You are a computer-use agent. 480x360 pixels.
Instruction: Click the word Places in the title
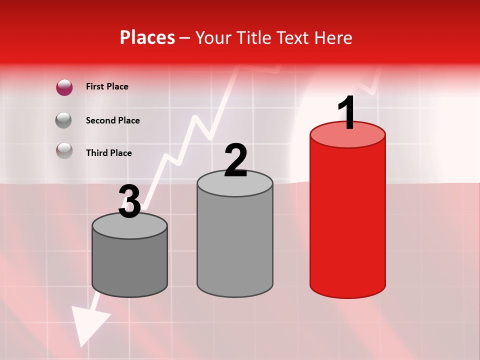pyautogui.click(x=147, y=37)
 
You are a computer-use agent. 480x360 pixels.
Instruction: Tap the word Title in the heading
pyautogui.click(x=253, y=37)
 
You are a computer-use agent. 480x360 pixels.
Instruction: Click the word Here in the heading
pyautogui.click(x=334, y=37)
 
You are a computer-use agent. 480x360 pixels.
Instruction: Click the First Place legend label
pyautogui.click(x=107, y=86)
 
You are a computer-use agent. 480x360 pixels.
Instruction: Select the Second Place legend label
pyautogui.click(x=112, y=120)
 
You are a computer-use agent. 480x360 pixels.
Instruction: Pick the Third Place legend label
pyautogui.click(x=108, y=153)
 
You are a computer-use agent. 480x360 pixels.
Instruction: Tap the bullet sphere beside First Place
pyautogui.click(x=64, y=87)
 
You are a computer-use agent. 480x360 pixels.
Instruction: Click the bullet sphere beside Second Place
pyautogui.click(x=64, y=120)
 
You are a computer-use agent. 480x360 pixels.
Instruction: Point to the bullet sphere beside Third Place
pyautogui.click(x=64, y=150)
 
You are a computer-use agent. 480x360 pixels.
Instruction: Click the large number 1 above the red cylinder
pyautogui.click(x=347, y=113)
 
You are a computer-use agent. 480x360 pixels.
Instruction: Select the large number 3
pyautogui.click(x=130, y=201)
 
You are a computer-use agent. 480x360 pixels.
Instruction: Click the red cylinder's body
pyautogui.click(x=347, y=220)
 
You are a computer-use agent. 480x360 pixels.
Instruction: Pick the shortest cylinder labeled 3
pyautogui.click(x=130, y=265)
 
